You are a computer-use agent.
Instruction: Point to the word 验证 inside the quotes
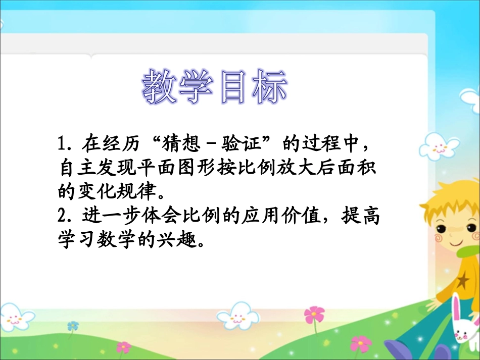tap(248, 145)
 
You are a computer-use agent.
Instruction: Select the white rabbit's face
tap(463, 331)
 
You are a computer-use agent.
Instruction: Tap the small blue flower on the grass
tap(74, 326)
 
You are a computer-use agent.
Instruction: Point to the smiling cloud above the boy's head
tap(439, 146)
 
